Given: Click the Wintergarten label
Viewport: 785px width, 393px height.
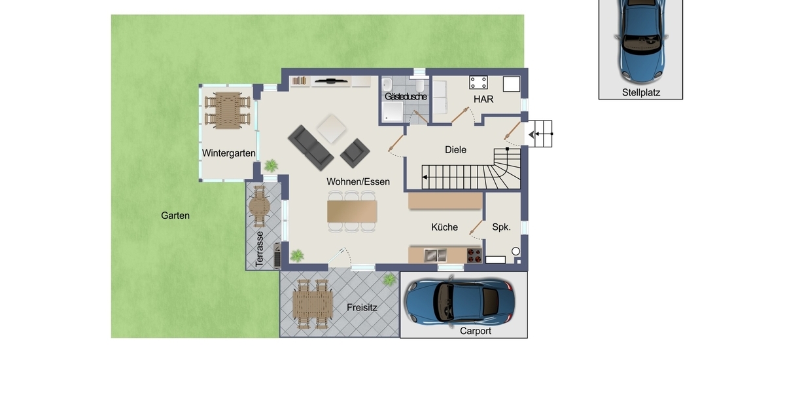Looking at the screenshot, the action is coord(228,153).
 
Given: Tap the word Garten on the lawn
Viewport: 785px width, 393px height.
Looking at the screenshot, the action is coord(175,215).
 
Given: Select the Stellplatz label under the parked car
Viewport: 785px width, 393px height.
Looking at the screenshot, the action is coord(641,92).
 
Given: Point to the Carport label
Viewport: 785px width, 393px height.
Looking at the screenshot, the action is coord(475,331).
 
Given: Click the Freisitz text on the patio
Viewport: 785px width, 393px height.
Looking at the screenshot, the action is coord(362,308).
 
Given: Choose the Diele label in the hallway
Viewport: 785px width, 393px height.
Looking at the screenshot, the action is coord(455,150).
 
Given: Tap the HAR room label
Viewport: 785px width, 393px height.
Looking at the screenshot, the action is coord(483,100).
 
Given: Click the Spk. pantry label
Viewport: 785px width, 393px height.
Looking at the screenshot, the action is coord(502,227).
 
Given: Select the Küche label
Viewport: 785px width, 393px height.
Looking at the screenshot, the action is coord(444,227).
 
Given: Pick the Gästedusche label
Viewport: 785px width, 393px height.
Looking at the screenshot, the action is coord(406,96).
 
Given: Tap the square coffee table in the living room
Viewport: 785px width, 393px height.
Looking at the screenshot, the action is coord(332,128).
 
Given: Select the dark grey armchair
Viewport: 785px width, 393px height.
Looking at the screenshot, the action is coord(355,153).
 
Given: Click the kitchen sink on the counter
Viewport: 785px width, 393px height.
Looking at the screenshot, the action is coord(435,255).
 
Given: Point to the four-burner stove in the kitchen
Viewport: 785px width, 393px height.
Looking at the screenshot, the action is coord(474,255).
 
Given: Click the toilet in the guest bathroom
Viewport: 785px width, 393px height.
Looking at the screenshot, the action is coord(419,85).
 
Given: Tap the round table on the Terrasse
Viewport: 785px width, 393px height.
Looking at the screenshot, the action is coord(259,207).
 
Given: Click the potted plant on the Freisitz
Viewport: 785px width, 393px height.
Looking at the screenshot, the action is coord(389,280).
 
